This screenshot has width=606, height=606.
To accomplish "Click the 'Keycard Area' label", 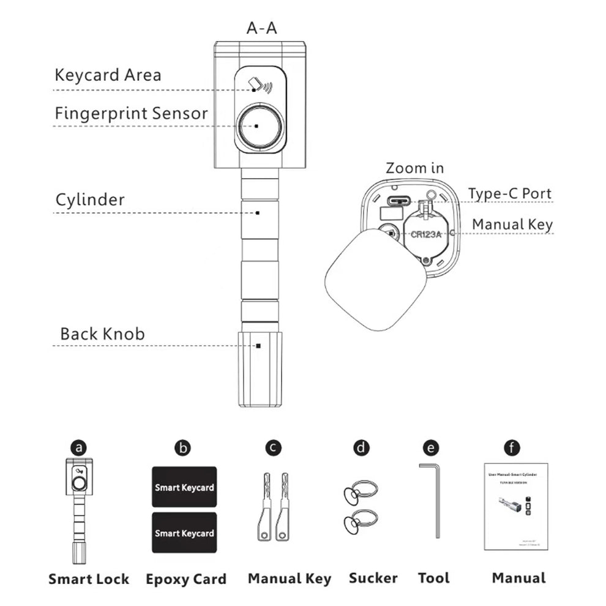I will click(x=108, y=75).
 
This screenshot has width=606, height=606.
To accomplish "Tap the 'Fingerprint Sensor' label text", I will click(x=131, y=113).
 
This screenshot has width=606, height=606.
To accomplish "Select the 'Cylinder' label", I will click(x=90, y=200).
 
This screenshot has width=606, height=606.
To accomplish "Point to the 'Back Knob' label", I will click(x=102, y=334).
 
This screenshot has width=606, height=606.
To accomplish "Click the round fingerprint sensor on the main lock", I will click(x=260, y=127).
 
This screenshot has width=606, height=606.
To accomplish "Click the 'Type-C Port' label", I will click(x=510, y=193).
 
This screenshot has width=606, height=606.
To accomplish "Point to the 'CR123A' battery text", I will click(x=427, y=233).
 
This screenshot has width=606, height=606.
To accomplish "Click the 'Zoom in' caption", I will click(x=414, y=168).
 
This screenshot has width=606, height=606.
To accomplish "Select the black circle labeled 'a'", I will click(x=78, y=447).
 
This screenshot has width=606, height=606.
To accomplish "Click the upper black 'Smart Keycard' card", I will click(x=184, y=487).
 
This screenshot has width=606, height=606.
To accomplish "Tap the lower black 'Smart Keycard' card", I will click(x=184, y=533).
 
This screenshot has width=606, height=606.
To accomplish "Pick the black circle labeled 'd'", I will click(x=362, y=447).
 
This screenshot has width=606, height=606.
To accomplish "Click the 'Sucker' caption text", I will click(x=373, y=577).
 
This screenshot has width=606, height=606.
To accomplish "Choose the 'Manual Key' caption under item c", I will click(x=289, y=578).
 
